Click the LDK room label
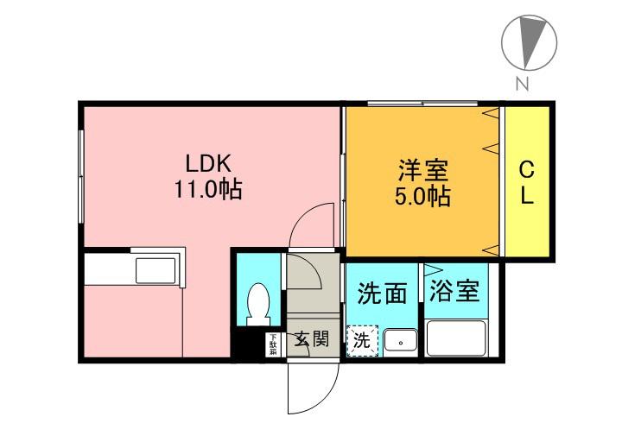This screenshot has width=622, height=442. coord(208,163)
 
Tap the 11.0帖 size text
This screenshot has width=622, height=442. coord(208,189)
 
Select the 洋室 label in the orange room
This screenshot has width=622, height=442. coord(422,170)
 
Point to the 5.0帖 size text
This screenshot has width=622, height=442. coord(422,195)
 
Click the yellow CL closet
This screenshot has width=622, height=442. coord(527,181)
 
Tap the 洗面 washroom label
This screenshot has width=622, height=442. coord(382,293)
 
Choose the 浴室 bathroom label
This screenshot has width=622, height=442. coord(454,292)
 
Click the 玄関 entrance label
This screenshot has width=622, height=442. coord(312,338)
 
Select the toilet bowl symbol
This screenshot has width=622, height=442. coord(258,304)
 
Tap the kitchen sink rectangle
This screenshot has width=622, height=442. coord(155,271)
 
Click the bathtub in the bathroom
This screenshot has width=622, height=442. coord(456,338)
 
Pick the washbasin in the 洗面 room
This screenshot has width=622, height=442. coord(401,340)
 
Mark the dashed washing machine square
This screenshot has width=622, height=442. coord(362,341)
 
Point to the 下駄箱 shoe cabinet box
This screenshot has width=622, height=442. coord(273,344)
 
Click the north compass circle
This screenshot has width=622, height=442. coord(530,43)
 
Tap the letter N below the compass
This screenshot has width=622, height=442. coord(523,83)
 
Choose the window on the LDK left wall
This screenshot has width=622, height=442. coord(80,176)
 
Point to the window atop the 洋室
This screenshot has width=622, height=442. coord(422,104)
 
